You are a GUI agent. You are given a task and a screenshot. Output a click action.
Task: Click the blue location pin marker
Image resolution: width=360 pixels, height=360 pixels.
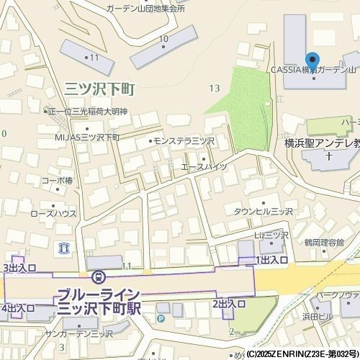click(x=312, y=60)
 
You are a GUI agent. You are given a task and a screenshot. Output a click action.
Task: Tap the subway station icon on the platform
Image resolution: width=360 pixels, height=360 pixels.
click(x=98, y=276)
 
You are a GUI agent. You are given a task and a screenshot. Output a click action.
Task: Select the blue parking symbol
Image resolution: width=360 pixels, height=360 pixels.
click(x=161, y=318)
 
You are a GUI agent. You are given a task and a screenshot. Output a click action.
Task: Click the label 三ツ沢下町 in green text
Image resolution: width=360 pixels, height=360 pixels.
click(x=100, y=89)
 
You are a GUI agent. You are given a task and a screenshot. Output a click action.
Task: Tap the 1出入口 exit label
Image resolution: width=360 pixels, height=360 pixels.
click(x=271, y=259)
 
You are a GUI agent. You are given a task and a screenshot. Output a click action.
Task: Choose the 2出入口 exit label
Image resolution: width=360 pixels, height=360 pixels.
click(x=229, y=305)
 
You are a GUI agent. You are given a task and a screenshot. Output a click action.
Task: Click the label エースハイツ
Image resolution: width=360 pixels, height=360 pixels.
click(x=203, y=167)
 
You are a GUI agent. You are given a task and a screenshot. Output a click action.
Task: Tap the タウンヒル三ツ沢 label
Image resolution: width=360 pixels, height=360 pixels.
click(x=263, y=212)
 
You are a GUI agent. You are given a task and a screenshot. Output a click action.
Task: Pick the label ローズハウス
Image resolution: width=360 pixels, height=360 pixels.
click(x=53, y=214)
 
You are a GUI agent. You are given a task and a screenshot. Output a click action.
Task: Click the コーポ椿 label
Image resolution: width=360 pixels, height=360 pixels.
click(x=57, y=180)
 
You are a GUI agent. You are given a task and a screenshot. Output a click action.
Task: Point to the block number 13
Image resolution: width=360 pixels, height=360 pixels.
click(x=214, y=88)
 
